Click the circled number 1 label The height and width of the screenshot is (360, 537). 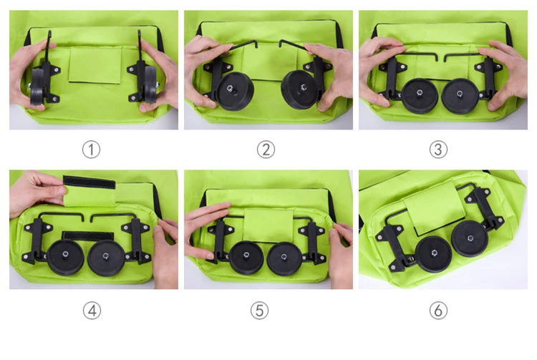(91, 149)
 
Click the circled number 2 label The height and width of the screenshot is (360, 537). (266, 149)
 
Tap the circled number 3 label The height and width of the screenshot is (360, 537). (439, 149)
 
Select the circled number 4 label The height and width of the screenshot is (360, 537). (91, 310)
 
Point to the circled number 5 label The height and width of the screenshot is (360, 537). (266, 310)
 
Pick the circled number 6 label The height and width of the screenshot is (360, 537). (439, 310)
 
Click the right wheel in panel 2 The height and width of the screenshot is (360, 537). (301, 89)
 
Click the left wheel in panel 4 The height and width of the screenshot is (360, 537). (66, 258)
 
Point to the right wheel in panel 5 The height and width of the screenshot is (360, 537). (285, 258)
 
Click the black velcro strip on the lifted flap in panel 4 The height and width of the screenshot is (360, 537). (89, 182)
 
